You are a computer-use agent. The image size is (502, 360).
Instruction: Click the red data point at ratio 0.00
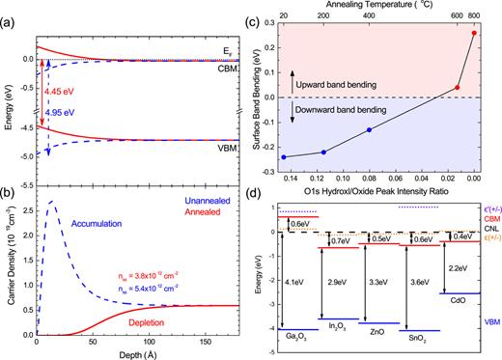473,33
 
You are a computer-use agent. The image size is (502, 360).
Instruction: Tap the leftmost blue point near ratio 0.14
283,157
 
